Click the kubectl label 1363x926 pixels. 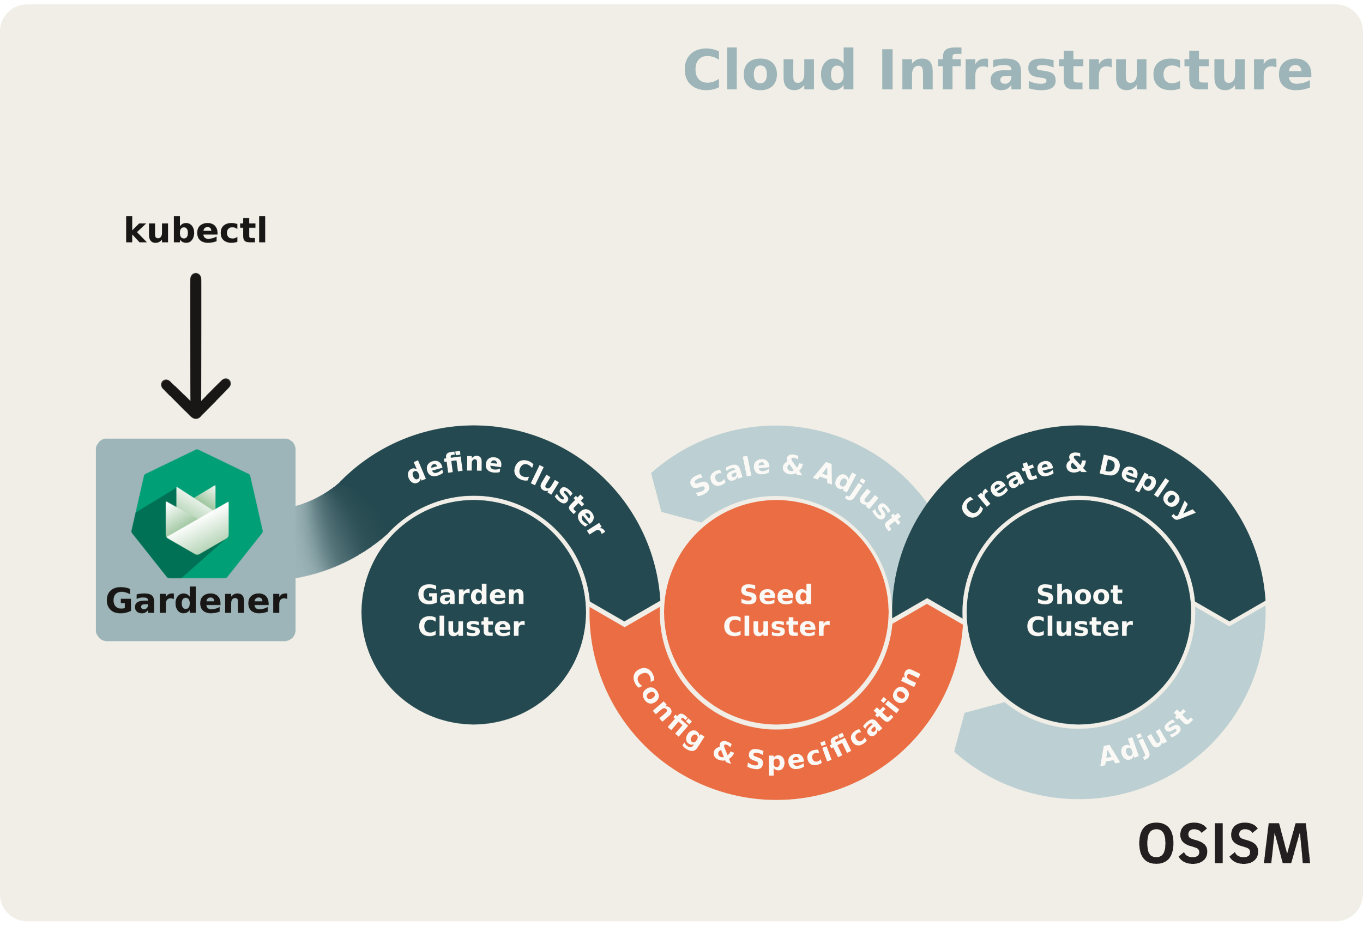pyautogui.click(x=195, y=230)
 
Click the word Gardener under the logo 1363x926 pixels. pyautogui.click(x=196, y=602)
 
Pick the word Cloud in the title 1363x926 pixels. pyautogui.click(x=769, y=71)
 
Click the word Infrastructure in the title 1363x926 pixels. pyautogui.click(x=1095, y=71)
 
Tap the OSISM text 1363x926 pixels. pyautogui.click(x=1225, y=844)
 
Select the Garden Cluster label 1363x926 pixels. pyautogui.click(x=471, y=611)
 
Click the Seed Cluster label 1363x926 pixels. pyautogui.click(x=776, y=611)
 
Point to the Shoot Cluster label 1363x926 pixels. pyautogui.click(x=1079, y=611)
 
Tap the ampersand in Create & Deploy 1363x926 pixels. pyautogui.click(x=1076, y=463)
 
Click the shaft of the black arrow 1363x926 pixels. pyautogui.click(x=196, y=334)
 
